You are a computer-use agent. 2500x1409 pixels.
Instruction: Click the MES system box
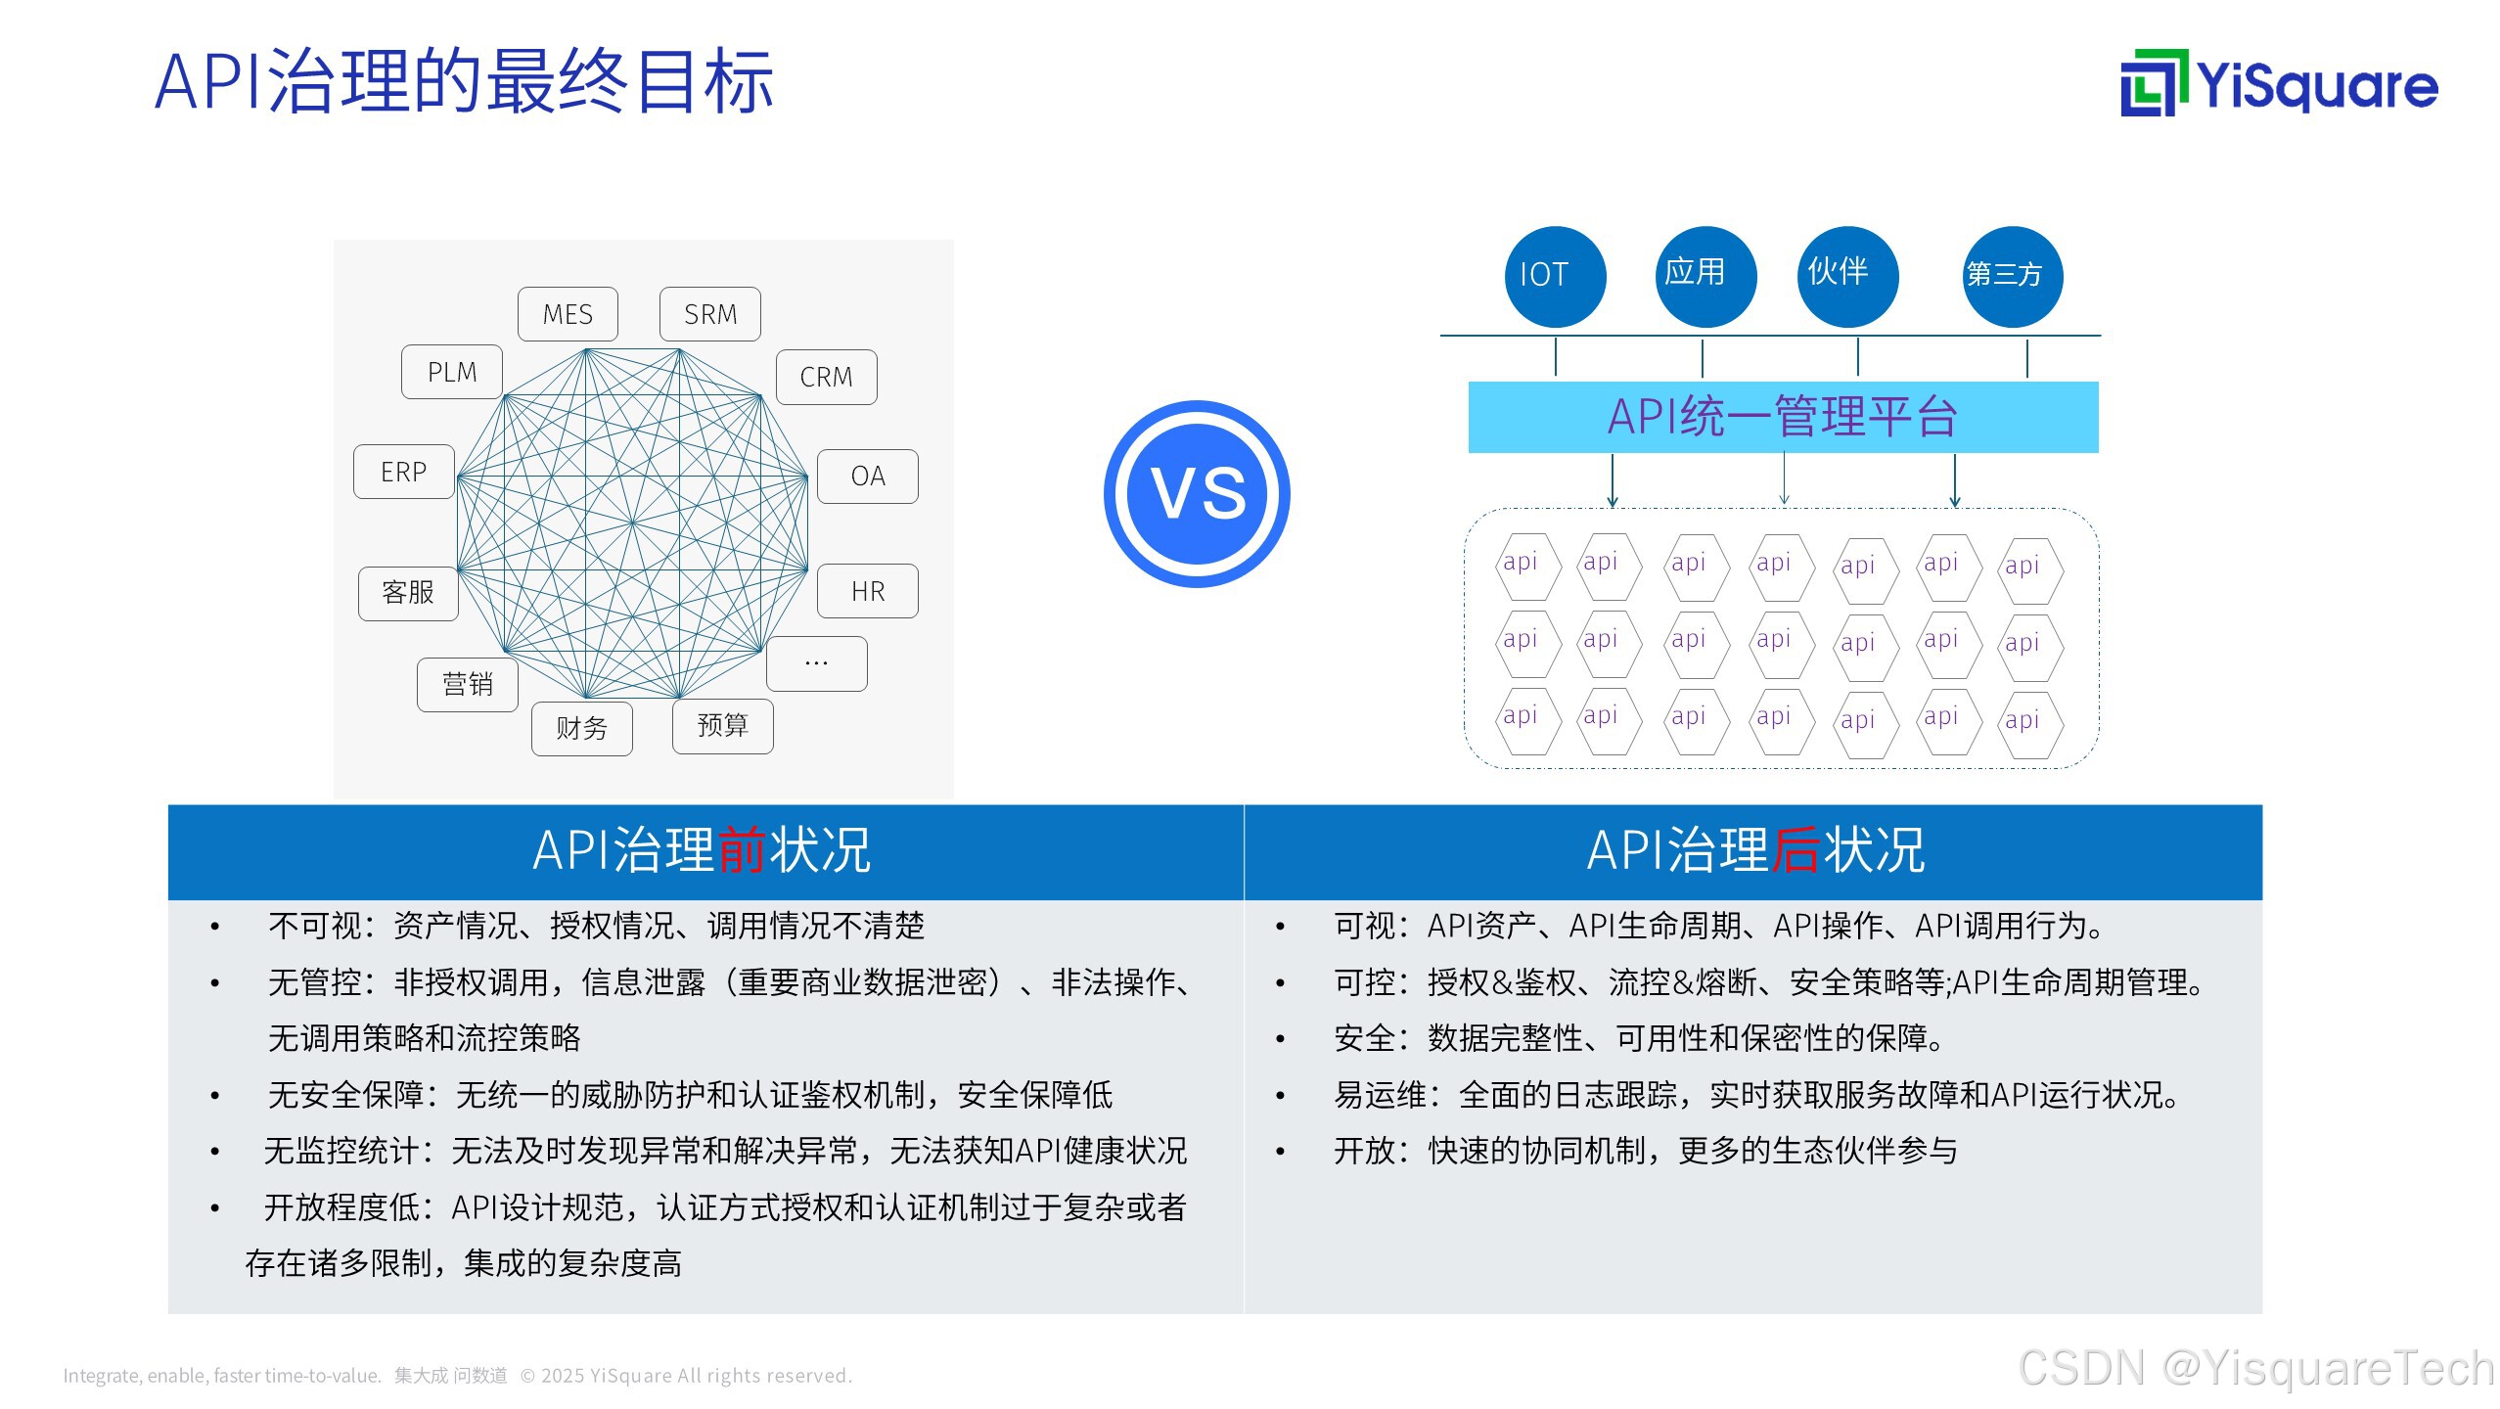click(568, 314)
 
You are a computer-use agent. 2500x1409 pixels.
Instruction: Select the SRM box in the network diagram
click(710, 314)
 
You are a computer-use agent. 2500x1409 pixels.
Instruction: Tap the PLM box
click(452, 372)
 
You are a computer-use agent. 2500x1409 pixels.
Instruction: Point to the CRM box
click(826, 377)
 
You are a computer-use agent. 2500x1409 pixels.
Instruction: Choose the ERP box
click(404, 472)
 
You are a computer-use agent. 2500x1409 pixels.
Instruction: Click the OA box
click(868, 477)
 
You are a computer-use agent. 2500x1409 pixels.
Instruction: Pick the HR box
click(868, 591)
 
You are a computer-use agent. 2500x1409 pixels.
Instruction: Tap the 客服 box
click(408, 593)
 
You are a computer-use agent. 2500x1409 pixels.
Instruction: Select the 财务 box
click(582, 728)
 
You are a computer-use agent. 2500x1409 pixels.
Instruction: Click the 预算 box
click(723, 726)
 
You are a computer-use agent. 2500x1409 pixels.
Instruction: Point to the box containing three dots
click(817, 663)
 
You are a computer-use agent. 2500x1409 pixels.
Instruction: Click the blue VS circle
click(1197, 493)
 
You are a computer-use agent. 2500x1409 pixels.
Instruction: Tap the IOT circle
click(1555, 276)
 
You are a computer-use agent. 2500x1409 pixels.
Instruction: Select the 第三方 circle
click(2013, 276)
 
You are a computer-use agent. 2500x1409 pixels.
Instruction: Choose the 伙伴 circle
click(1847, 276)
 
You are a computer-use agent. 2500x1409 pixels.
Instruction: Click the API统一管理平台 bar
click(1783, 417)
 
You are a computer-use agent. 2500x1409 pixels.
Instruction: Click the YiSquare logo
click(2279, 84)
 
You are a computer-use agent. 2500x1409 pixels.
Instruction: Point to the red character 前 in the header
click(742, 849)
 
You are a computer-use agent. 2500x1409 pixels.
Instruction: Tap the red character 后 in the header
click(1795, 849)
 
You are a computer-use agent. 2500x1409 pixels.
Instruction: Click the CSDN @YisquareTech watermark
click(2255, 1368)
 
